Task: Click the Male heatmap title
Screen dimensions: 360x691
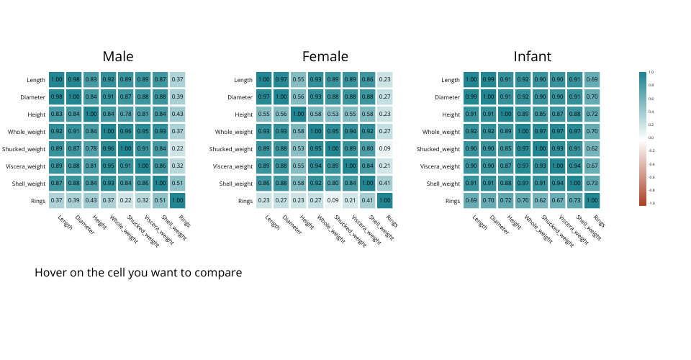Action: tap(117, 57)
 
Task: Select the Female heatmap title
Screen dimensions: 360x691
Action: tap(325, 57)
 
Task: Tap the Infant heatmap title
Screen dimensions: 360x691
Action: tap(532, 57)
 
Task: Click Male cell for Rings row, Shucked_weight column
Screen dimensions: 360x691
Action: tap(126, 200)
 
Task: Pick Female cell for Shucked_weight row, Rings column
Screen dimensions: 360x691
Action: tap(385, 148)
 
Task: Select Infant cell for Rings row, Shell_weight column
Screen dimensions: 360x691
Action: tap(575, 200)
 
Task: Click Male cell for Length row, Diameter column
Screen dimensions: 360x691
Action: tap(74, 79)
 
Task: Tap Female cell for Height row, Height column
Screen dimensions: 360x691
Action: tap(299, 114)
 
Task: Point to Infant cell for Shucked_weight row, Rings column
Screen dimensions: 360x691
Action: tap(592, 148)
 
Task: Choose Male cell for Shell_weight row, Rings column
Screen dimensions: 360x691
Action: tap(178, 183)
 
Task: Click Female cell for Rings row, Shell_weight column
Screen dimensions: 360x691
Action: tap(368, 200)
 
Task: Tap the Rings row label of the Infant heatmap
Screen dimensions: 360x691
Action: tap(451, 201)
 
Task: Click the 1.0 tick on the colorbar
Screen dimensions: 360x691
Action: tap(651, 72)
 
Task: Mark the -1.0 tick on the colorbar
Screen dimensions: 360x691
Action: tap(651, 204)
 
